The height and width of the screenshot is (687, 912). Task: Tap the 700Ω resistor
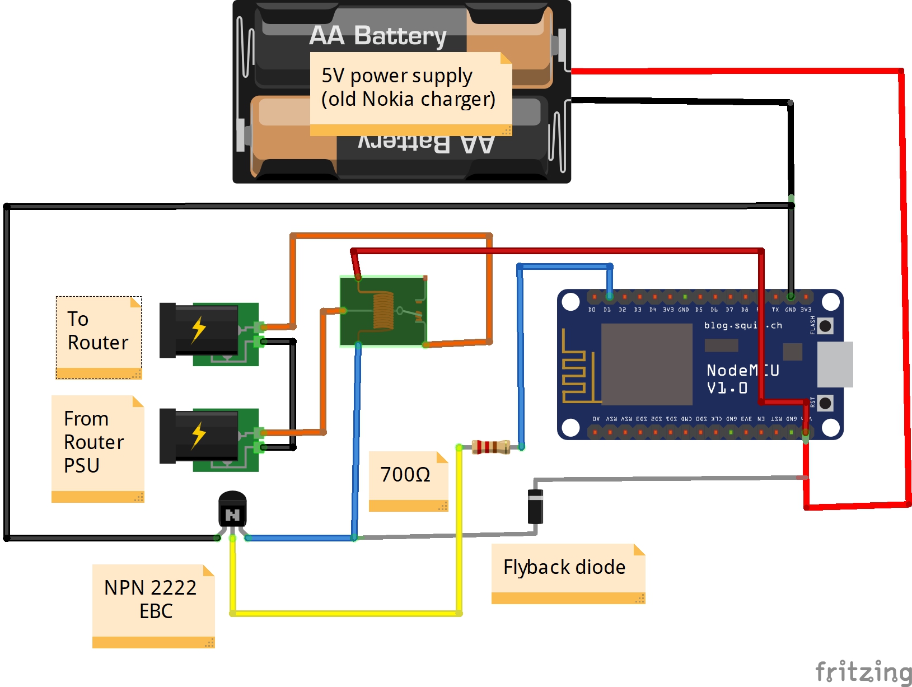pyautogui.click(x=490, y=447)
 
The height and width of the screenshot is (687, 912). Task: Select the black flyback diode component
pyautogui.click(x=536, y=506)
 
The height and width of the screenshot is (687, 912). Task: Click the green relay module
pyautogui.click(x=383, y=311)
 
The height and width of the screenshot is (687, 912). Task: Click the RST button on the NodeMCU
pyautogui.click(x=825, y=403)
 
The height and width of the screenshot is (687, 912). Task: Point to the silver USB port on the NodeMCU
pyautogui.click(x=835, y=364)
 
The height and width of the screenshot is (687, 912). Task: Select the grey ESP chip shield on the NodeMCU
pyautogui.click(x=647, y=364)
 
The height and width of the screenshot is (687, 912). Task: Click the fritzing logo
pyautogui.click(x=863, y=671)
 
